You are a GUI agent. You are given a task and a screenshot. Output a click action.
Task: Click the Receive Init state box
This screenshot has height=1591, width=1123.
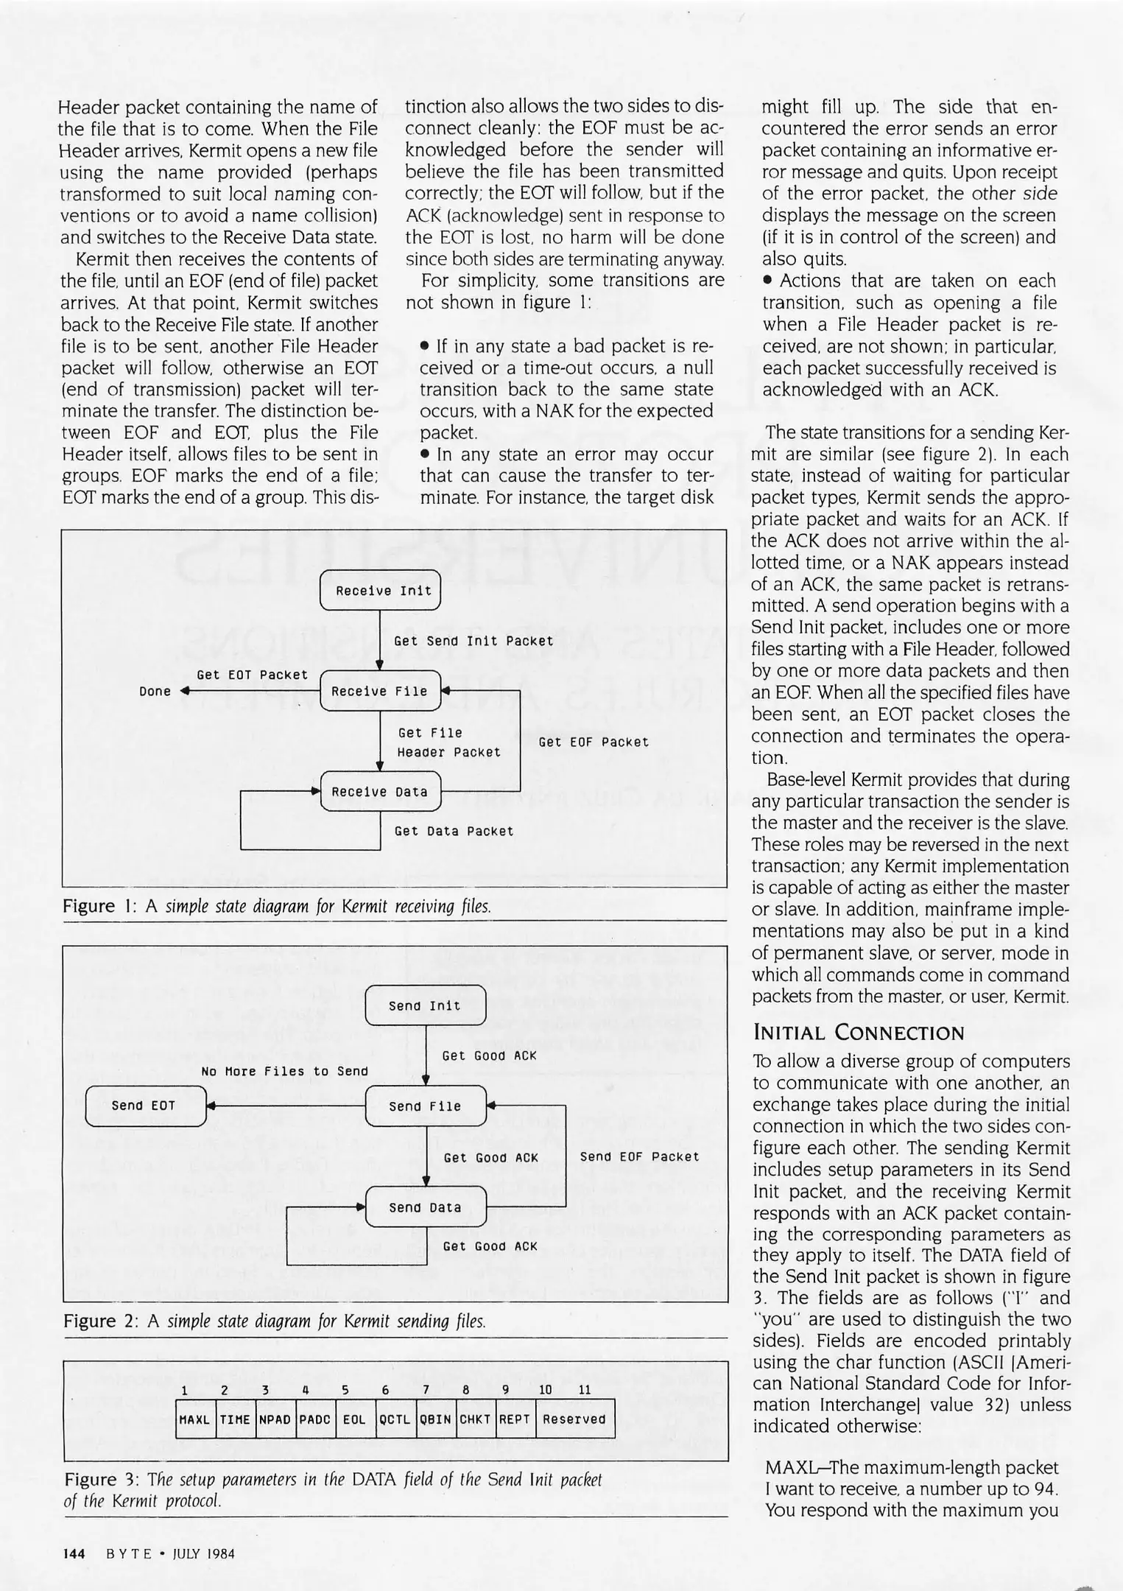point(380,591)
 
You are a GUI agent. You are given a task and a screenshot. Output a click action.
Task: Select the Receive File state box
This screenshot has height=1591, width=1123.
point(380,691)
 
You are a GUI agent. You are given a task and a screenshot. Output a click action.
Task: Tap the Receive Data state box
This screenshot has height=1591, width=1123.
point(380,792)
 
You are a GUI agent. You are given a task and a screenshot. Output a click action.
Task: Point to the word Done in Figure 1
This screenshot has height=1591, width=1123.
point(155,692)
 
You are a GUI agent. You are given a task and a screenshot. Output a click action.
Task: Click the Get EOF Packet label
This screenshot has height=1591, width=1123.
point(594,742)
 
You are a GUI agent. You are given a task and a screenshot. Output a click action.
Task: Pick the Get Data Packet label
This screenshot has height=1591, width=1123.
point(454,832)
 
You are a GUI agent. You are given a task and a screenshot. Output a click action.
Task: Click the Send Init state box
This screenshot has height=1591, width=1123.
point(425,1006)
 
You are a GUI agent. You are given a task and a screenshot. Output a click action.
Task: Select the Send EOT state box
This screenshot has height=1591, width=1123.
point(145,1106)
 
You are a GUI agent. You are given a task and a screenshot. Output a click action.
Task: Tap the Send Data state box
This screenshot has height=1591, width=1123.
point(425,1207)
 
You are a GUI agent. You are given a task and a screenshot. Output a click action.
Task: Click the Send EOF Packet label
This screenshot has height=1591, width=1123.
point(639,1157)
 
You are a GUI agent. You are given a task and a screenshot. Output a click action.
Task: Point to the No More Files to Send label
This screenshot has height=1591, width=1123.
point(284,1072)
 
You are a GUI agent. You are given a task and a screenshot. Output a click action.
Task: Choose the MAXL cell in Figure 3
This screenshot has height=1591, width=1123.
point(195,1419)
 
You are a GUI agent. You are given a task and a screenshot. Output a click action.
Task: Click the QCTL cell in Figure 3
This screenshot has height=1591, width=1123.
point(394,1419)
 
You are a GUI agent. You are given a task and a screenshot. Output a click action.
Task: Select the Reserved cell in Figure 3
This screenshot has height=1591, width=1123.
point(574,1419)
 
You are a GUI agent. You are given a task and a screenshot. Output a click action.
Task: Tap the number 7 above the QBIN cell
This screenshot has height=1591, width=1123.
point(426,1391)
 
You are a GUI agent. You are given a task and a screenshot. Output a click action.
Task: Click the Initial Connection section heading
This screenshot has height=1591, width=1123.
point(858,1033)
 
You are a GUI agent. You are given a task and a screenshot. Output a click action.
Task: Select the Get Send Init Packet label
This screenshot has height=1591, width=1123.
point(474,642)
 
